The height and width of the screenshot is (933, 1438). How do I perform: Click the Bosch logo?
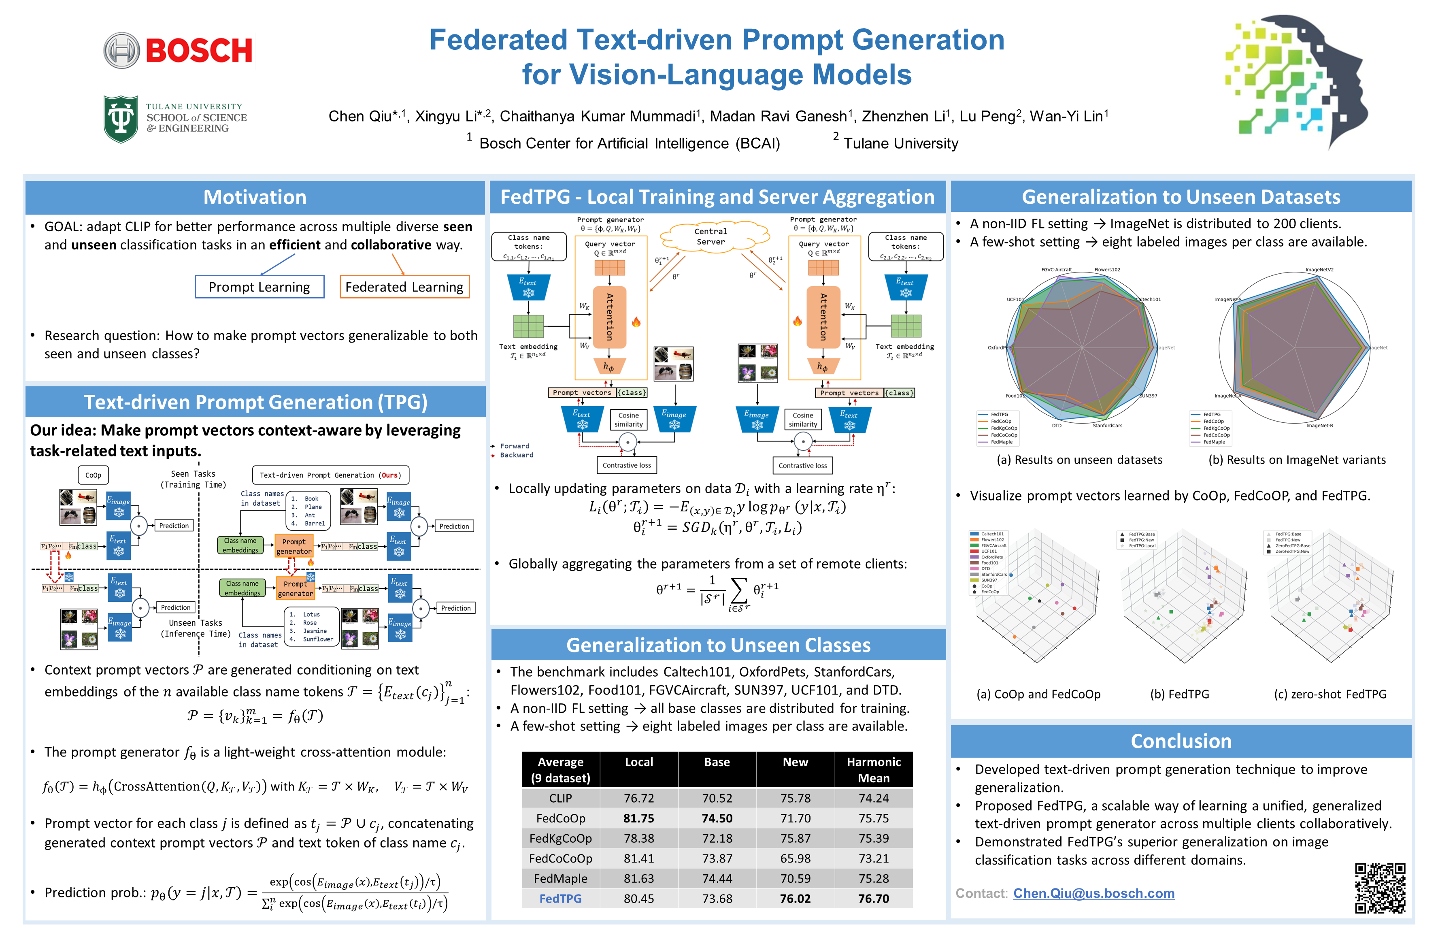[178, 50]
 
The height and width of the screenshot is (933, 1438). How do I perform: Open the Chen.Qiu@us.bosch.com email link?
[1093, 893]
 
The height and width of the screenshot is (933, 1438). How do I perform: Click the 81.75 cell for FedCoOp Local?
[639, 818]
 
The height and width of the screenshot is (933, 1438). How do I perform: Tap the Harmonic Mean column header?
[873, 770]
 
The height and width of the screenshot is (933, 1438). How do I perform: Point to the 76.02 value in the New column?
[795, 899]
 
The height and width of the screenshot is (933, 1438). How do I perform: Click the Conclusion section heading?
[1181, 741]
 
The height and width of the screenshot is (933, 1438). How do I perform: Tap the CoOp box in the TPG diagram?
[93, 475]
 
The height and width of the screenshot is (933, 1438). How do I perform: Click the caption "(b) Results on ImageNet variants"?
[1297, 460]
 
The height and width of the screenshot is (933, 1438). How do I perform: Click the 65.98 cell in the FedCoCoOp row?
[795, 858]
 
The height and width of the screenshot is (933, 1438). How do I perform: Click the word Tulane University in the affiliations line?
[900, 143]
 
